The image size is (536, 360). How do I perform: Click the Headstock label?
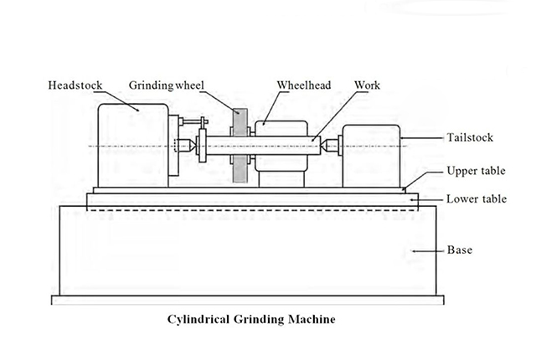click(x=74, y=85)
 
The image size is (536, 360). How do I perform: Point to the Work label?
click(x=368, y=85)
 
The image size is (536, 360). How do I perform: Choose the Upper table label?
click(x=476, y=171)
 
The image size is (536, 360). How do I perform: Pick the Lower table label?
click(x=476, y=199)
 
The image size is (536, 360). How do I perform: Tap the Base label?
click(x=461, y=250)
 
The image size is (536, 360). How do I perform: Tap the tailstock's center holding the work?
click(x=329, y=146)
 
